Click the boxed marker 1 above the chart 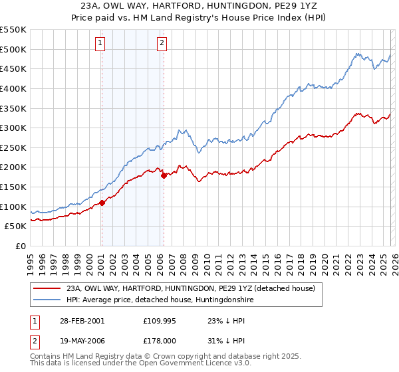click(x=100, y=44)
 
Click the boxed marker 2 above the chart click(x=162, y=44)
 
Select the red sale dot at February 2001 click(x=102, y=203)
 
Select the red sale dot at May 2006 click(x=164, y=176)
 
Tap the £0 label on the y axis click(x=20, y=246)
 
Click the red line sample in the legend click(x=47, y=289)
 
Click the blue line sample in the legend click(x=47, y=300)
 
